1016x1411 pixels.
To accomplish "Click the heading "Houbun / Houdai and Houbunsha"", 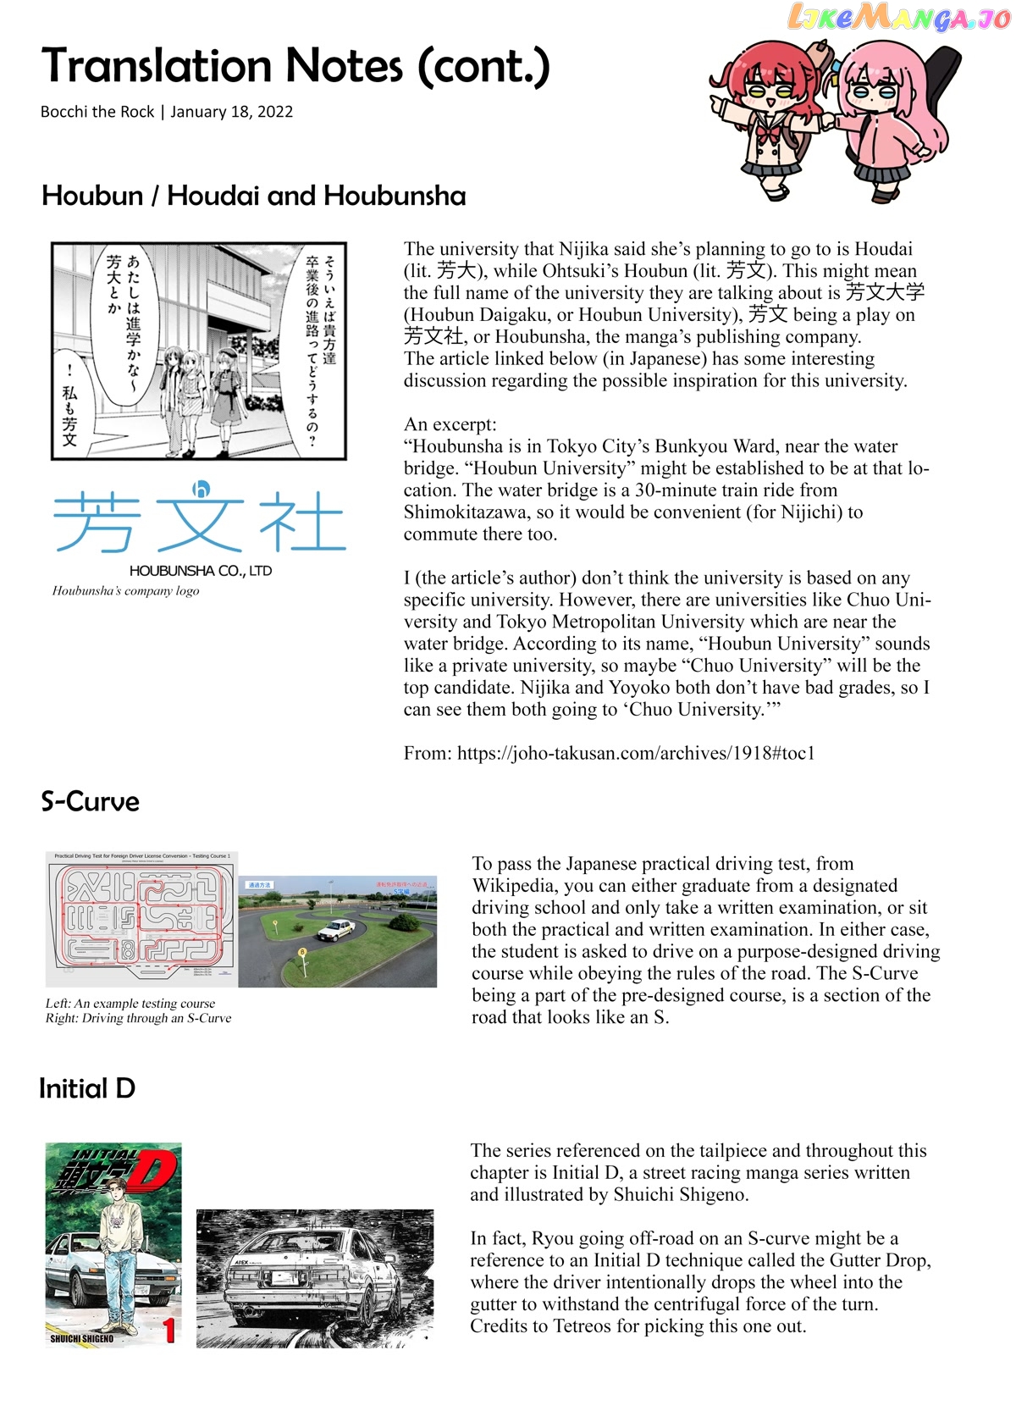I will tap(253, 196).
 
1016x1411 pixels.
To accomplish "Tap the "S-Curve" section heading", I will tap(90, 801).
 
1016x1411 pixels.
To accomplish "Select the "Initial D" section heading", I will tap(87, 1088).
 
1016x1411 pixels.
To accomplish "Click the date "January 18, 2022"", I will tap(231, 112).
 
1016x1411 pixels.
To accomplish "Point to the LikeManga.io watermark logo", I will tap(898, 17).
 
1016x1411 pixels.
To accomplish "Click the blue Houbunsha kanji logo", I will tap(200, 519).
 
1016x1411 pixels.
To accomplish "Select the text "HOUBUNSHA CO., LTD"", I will tap(201, 571).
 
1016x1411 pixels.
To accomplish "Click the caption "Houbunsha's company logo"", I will tap(126, 590).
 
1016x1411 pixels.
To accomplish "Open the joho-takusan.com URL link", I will tap(636, 753).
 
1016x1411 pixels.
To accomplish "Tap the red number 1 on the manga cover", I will tap(168, 1331).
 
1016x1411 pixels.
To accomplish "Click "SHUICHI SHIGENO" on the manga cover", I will tap(81, 1339).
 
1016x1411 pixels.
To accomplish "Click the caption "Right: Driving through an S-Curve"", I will tap(138, 1018).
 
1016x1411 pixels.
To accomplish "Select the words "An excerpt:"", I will tap(450, 424).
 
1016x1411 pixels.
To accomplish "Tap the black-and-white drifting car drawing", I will tap(315, 1279).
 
